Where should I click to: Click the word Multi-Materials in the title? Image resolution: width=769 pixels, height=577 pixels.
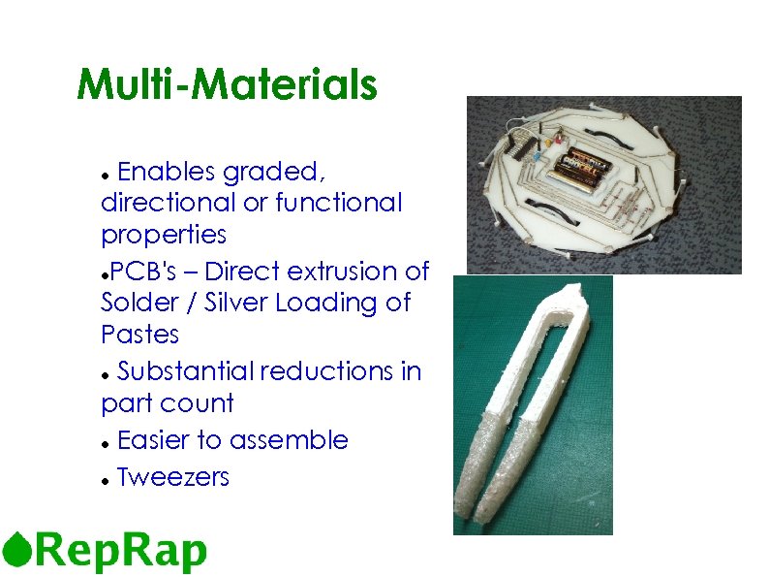click(x=227, y=84)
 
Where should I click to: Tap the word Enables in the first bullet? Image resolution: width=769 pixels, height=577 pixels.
click(x=166, y=172)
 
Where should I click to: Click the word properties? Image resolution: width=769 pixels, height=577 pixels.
click(x=163, y=236)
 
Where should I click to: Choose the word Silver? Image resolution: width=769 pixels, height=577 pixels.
click(x=237, y=303)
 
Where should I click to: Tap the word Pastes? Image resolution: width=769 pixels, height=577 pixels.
click(x=139, y=335)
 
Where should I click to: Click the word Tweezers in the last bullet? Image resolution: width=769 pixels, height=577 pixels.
click(x=172, y=476)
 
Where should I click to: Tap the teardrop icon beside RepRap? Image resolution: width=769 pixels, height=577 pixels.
click(x=16, y=550)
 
